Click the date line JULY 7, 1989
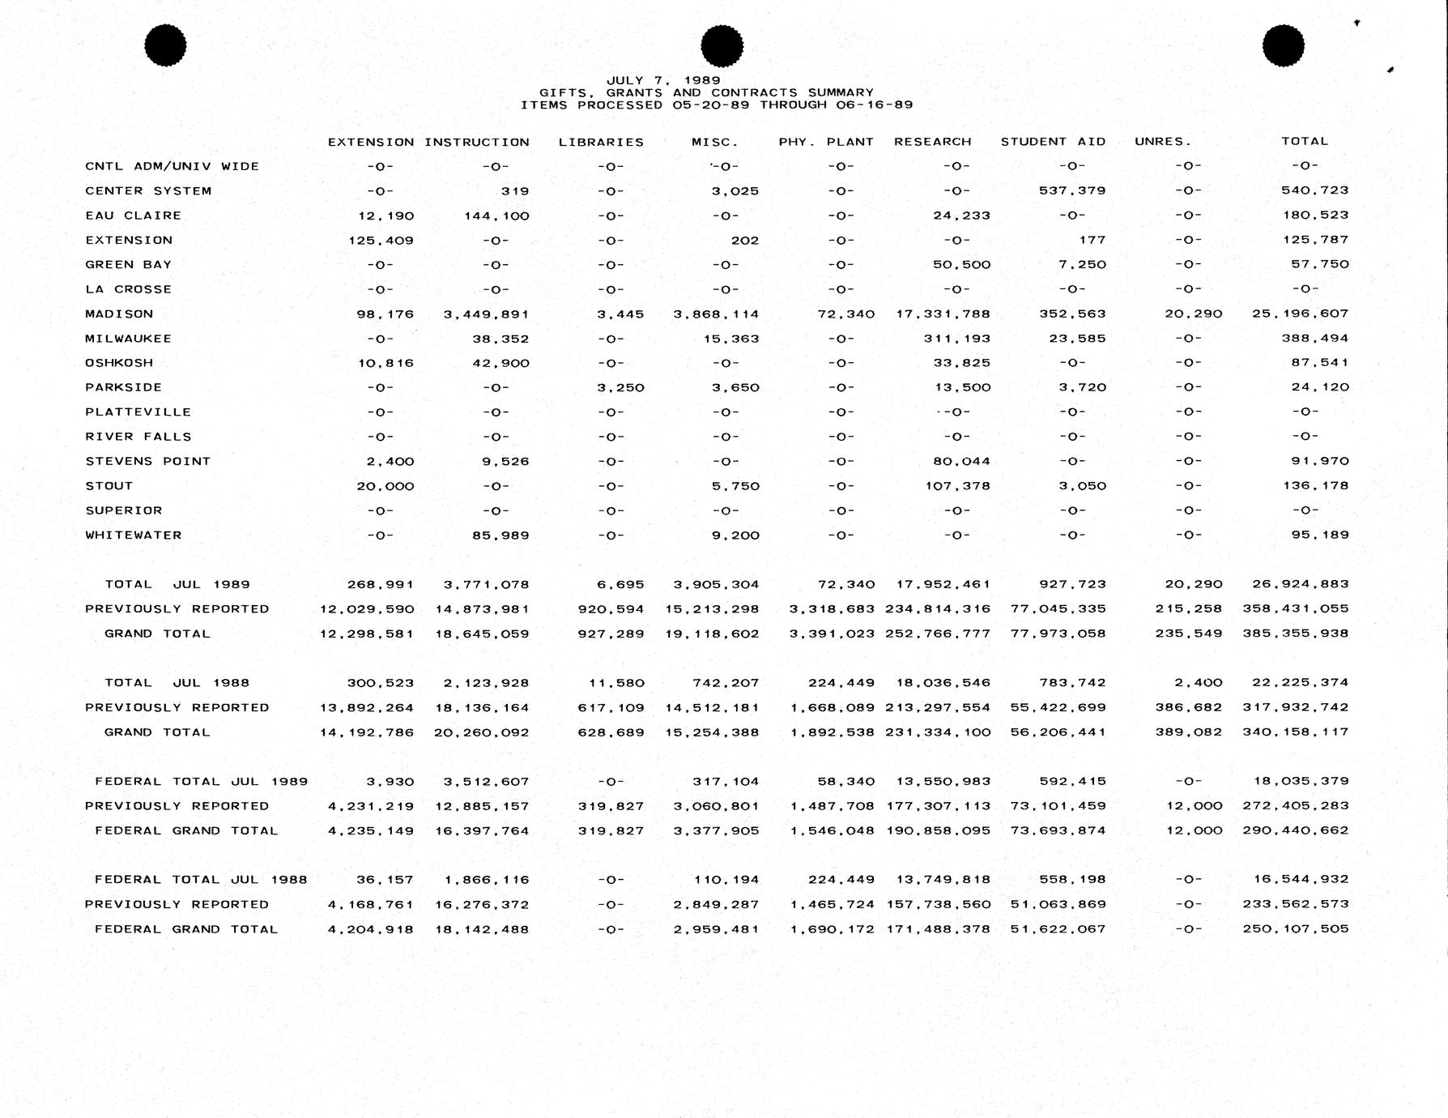pos(663,80)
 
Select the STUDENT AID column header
pos(1053,142)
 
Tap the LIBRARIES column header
pos(601,143)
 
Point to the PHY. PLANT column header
pos(826,142)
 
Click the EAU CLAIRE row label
pos(133,215)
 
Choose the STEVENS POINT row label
pos(147,461)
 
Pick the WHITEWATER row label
pos(133,535)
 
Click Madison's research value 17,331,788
pos(943,314)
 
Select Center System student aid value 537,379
pos(1072,191)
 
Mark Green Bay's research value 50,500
pos(961,265)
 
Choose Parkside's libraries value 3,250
pos(620,388)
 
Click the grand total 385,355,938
pos(1296,634)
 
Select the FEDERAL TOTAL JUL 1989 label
pos(201,782)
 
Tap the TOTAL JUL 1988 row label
pos(177,683)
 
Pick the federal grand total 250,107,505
pos(1296,929)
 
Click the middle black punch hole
pos(722,45)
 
